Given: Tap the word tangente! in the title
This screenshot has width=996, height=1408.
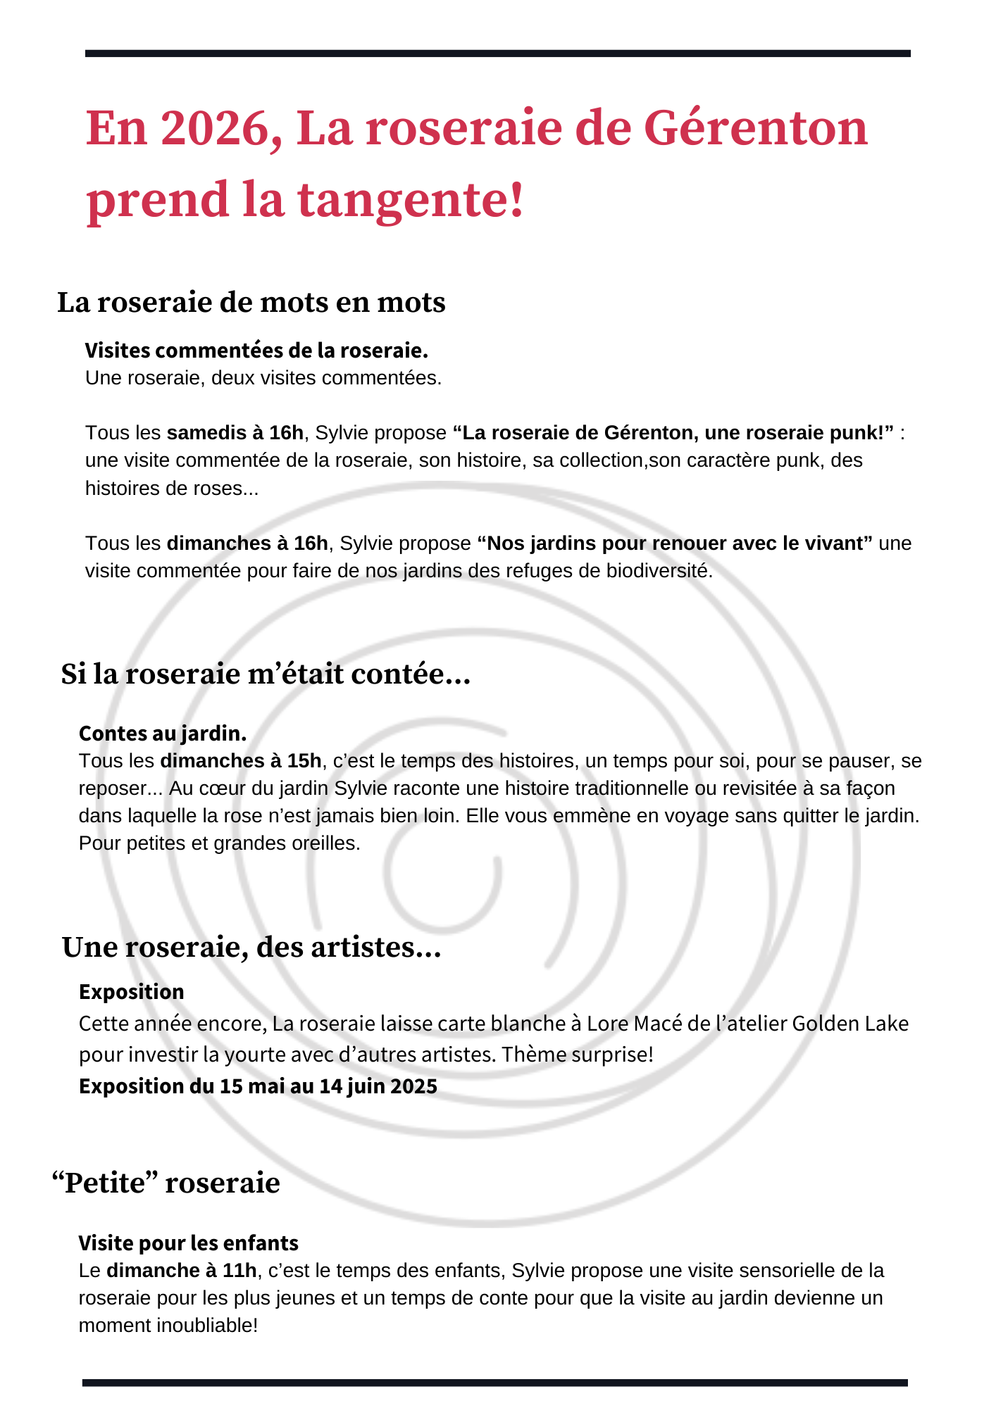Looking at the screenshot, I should [411, 199].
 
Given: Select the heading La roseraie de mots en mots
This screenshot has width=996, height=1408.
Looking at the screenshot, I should [251, 303].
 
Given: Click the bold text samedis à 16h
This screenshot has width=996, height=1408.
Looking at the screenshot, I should [235, 432].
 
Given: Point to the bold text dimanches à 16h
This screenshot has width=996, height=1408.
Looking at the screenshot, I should [247, 543].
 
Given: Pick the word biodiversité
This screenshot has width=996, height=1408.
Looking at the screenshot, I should [659, 570].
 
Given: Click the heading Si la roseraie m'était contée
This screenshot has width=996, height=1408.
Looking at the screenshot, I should [265, 674].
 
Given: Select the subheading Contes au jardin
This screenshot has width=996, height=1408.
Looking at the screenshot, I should [163, 734].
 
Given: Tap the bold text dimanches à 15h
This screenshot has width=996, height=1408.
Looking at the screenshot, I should [241, 761].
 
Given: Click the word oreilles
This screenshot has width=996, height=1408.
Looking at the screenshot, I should [325, 843].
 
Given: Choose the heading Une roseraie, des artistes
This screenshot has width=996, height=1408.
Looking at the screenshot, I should [251, 948].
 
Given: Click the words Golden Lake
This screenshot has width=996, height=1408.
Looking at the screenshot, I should [850, 1023].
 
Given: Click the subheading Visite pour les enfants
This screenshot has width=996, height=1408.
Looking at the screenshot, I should [188, 1243].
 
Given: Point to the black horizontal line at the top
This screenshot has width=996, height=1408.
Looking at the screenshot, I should [497, 54].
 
